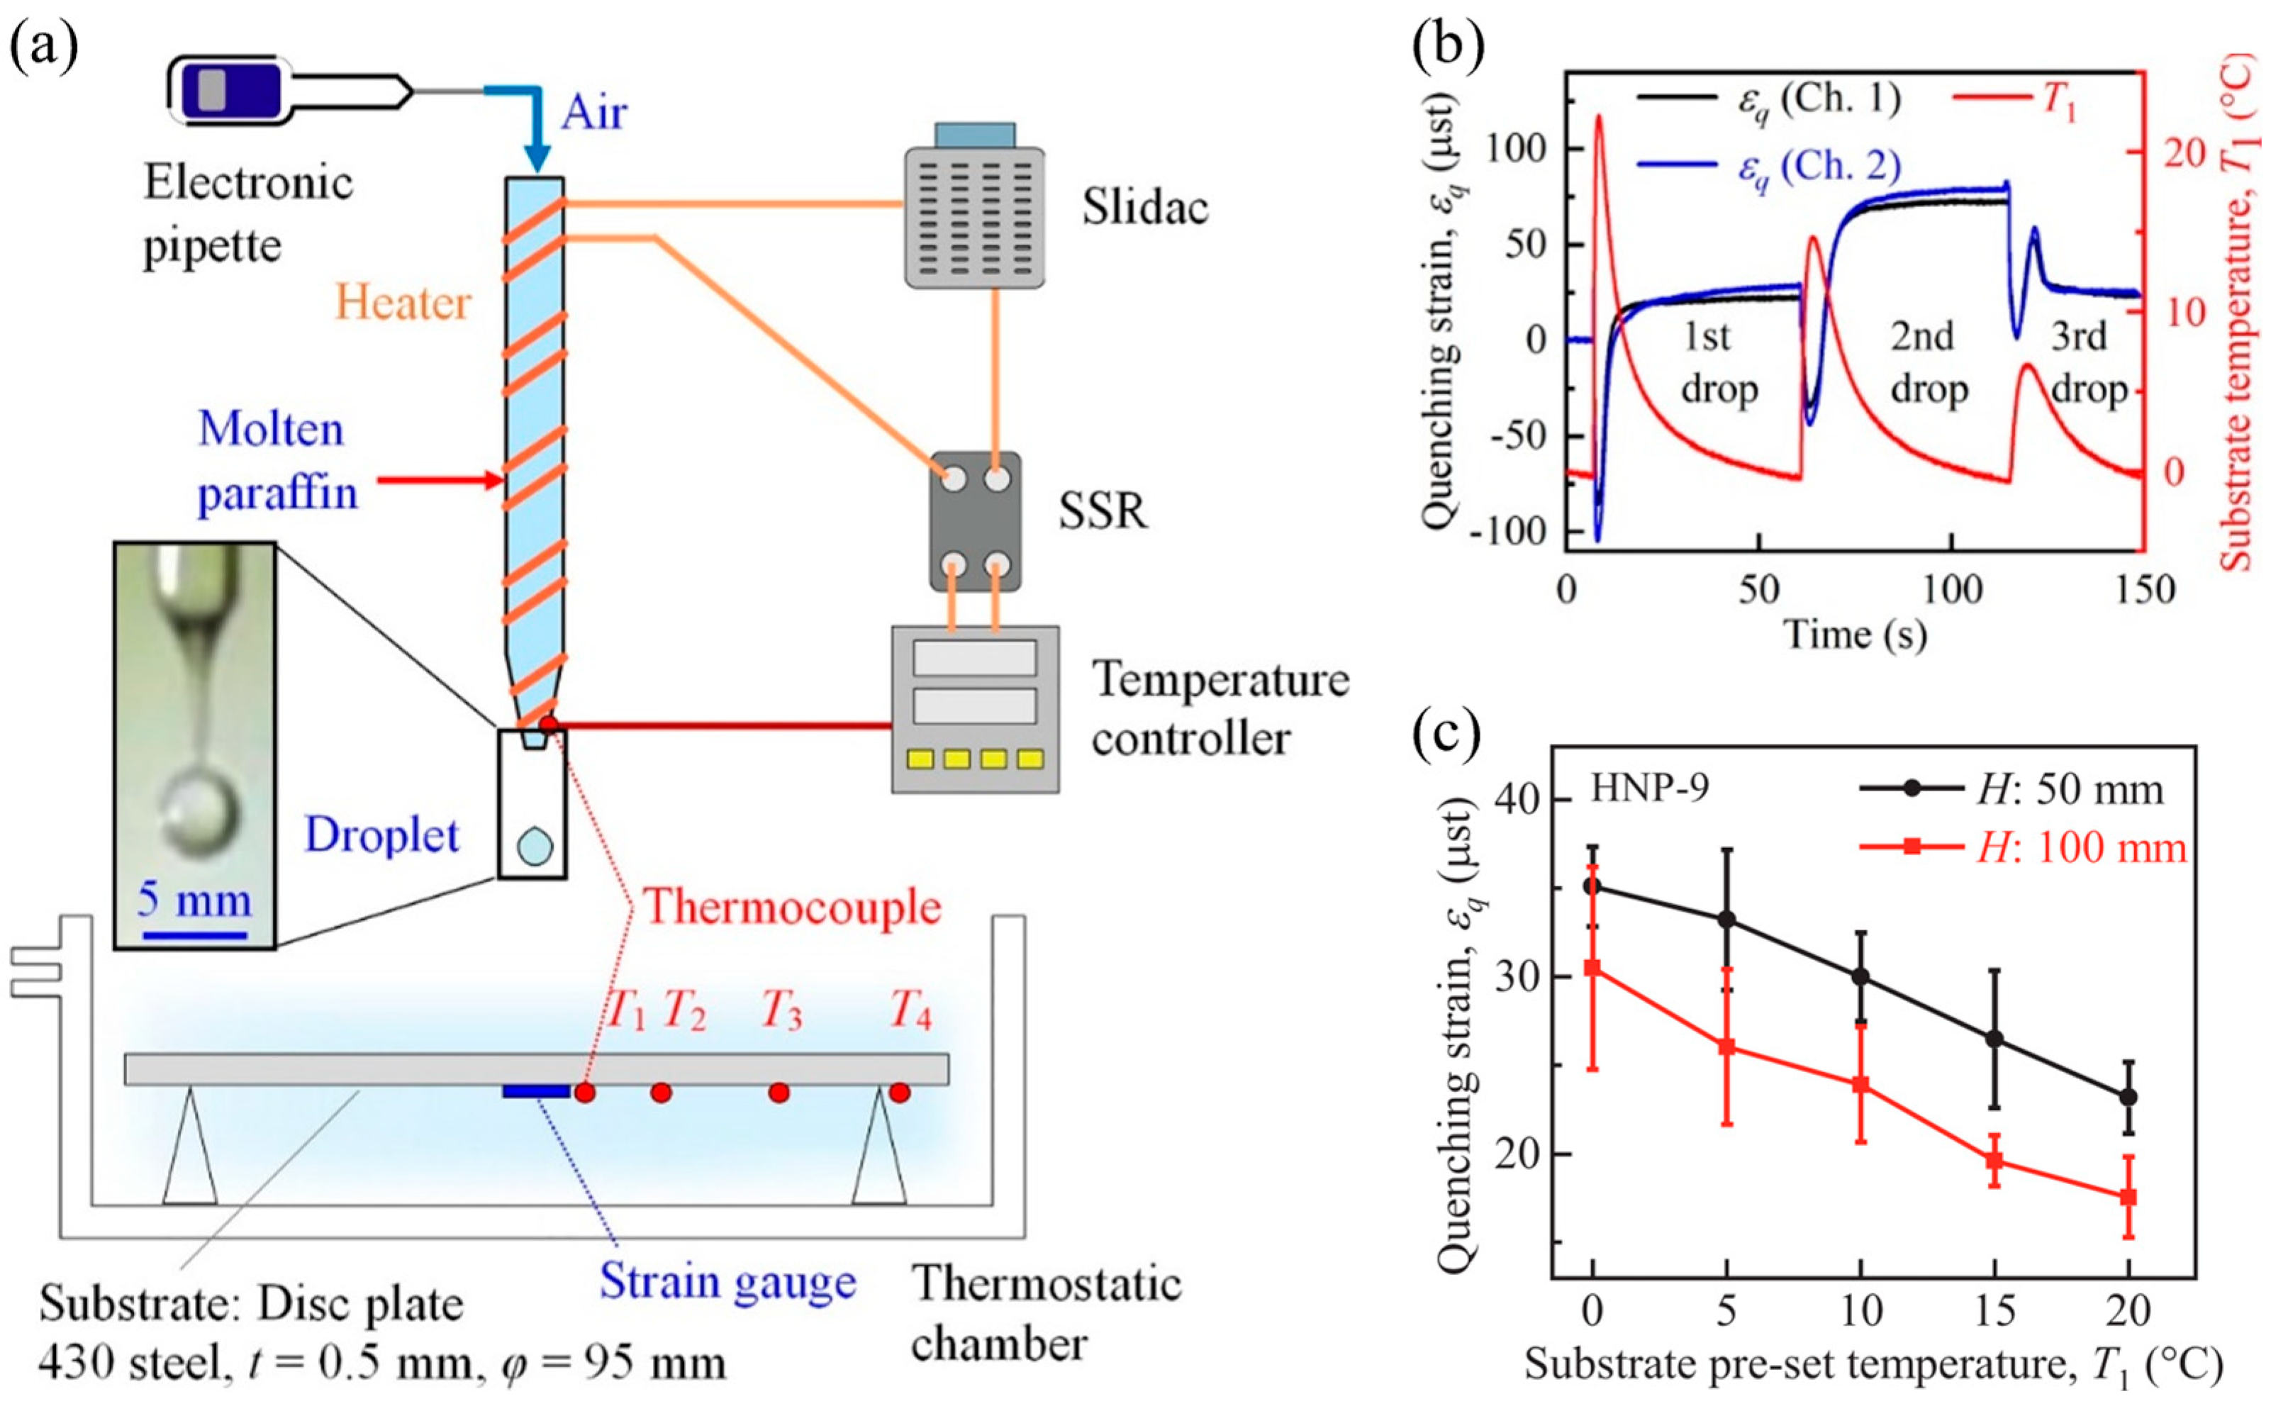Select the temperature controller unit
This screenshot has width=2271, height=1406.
tap(974, 708)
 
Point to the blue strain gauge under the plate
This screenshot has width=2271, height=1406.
tap(535, 1090)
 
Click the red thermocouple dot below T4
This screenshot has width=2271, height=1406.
tap(899, 1092)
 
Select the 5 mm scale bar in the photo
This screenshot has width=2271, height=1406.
tap(195, 932)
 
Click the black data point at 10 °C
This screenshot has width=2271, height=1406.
tap(1860, 976)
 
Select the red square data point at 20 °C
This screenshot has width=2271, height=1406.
tap(2128, 1197)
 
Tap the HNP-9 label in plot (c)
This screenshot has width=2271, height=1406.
tap(1649, 788)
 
